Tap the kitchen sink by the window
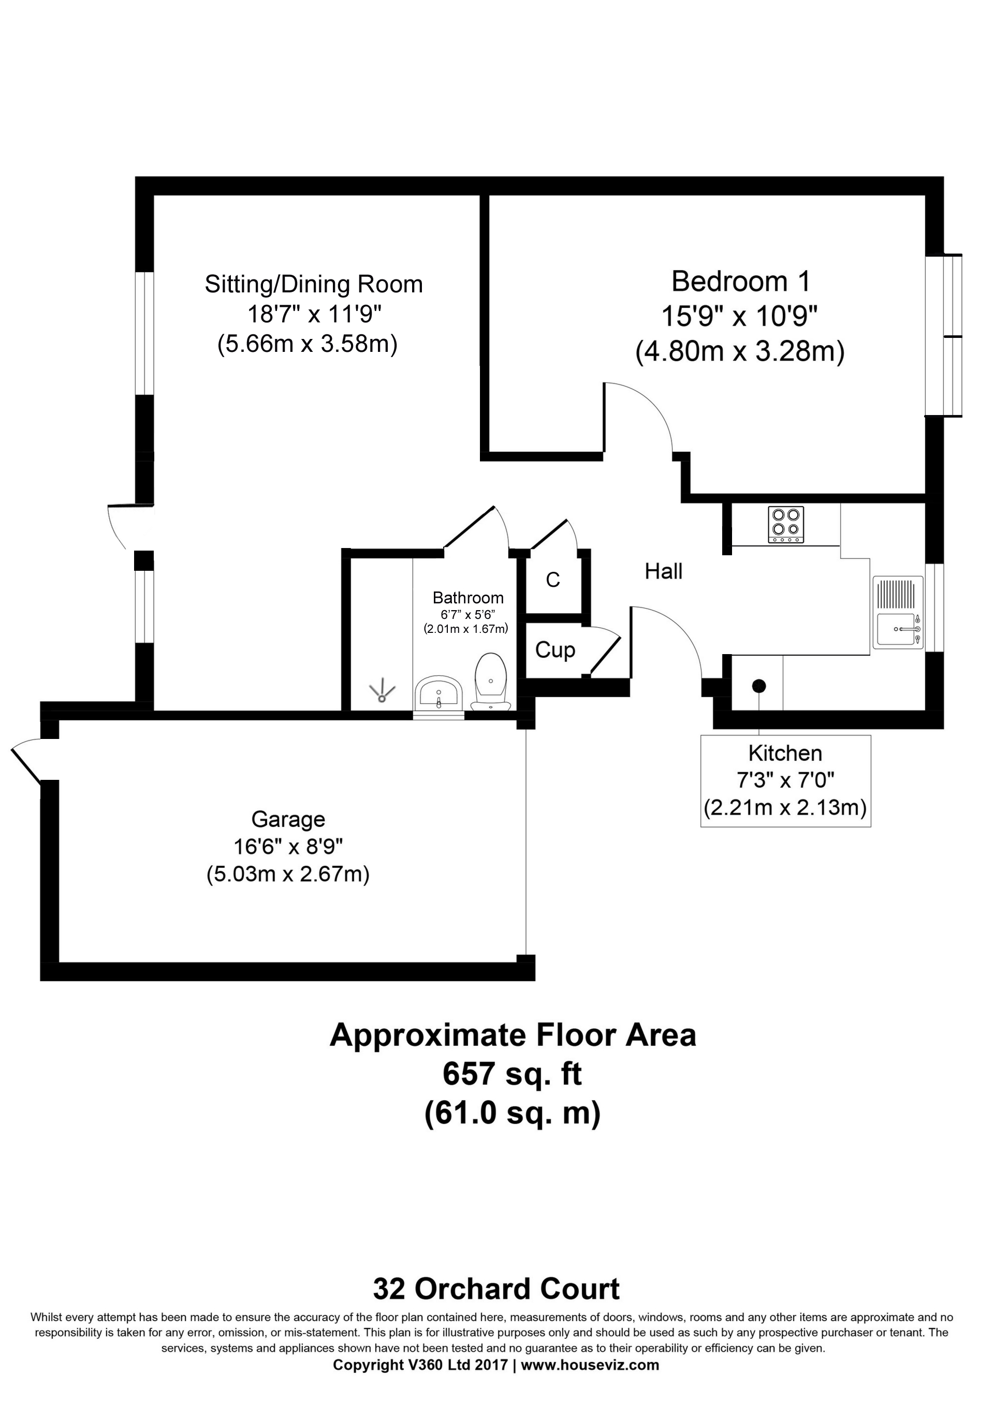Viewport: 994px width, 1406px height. pyautogui.click(x=898, y=629)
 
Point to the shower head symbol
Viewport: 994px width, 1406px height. pyautogui.click(x=383, y=693)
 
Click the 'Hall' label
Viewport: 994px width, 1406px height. pyautogui.click(x=663, y=571)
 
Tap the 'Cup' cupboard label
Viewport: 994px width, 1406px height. pyautogui.click(x=554, y=650)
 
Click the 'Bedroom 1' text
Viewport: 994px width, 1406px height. pyautogui.click(x=740, y=282)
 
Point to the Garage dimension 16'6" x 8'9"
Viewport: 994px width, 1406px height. pyautogui.click(x=287, y=847)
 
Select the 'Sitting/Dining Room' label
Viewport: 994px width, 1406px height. pyautogui.click(x=314, y=285)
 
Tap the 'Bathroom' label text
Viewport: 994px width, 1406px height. pyautogui.click(x=467, y=598)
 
